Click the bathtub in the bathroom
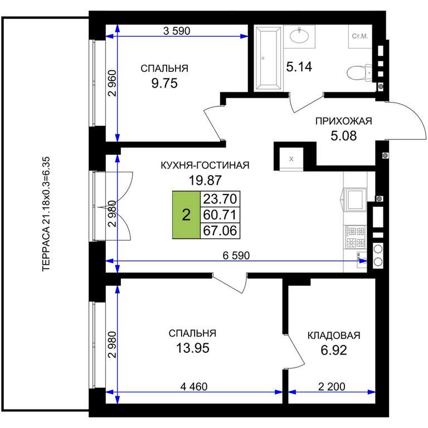point(267,58)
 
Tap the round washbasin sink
point(299,36)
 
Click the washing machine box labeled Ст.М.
point(360,36)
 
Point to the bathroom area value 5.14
point(299,67)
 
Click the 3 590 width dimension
point(177,31)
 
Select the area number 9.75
point(164,83)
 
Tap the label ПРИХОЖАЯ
point(343,121)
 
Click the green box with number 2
point(186,215)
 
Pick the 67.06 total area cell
point(220,231)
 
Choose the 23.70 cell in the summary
point(220,199)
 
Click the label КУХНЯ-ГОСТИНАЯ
point(205,165)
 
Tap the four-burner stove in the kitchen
point(355,237)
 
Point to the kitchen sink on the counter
point(356,200)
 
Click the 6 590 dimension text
point(236,255)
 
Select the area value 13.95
point(193,348)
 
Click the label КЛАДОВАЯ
point(334,335)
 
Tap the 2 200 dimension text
point(332,387)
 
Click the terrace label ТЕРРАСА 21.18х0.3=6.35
point(46,214)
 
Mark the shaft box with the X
point(291,159)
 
